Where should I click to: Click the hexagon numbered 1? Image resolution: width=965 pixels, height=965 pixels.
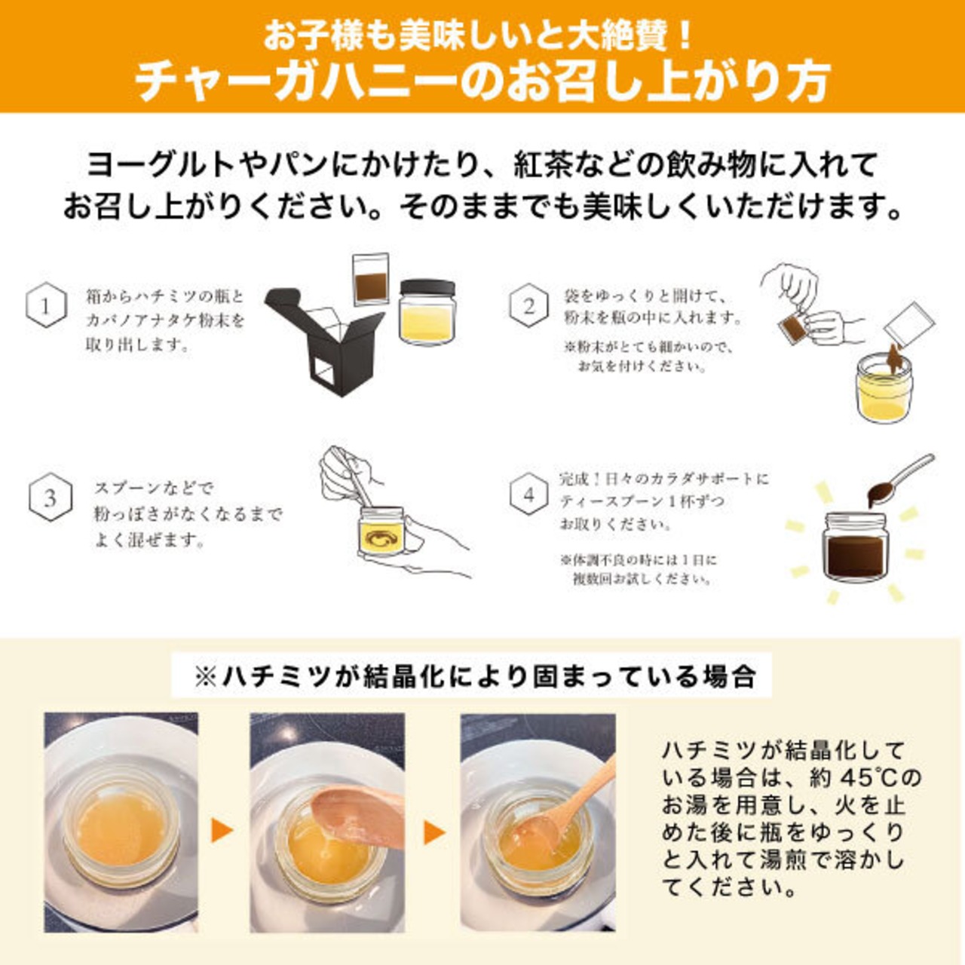pyautogui.click(x=46, y=305)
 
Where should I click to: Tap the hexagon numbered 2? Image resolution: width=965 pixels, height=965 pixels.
pyautogui.click(x=528, y=305)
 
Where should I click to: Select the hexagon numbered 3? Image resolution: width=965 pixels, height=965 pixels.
pyautogui.click(x=50, y=498)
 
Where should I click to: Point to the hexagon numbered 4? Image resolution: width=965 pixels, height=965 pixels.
pyautogui.click(x=528, y=495)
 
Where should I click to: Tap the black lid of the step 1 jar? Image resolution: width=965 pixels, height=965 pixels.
pyautogui.click(x=427, y=287)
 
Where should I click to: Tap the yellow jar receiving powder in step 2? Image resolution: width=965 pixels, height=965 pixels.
pyautogui.click(x=884, y=388)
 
